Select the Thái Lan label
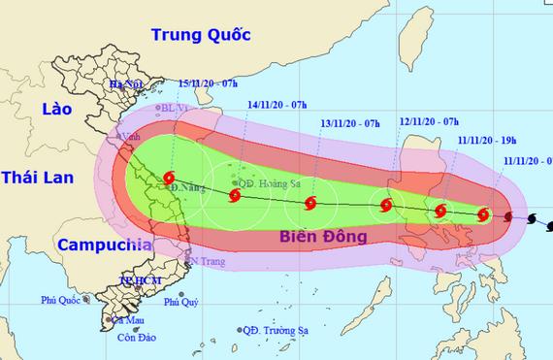[x=38, y=177]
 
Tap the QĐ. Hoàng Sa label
[x=269, y=181]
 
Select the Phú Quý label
[x=181, y=302]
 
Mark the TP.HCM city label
[x=138, y=279]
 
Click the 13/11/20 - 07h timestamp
[x=351, y=123]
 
